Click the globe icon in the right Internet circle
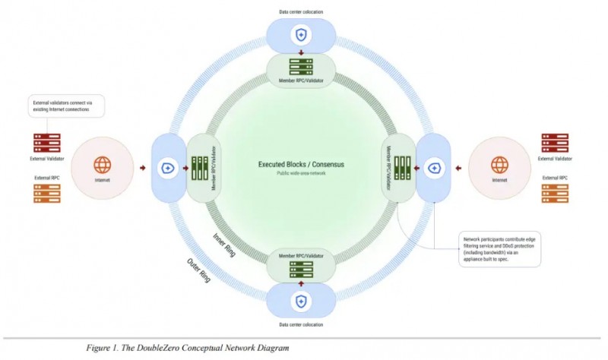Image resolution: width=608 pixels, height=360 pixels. click(500, 165)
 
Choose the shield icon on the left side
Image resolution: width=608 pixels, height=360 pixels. click(163, 168)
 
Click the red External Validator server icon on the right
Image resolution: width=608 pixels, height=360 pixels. click(555, 144)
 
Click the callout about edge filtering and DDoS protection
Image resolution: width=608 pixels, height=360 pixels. click(500, 249)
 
